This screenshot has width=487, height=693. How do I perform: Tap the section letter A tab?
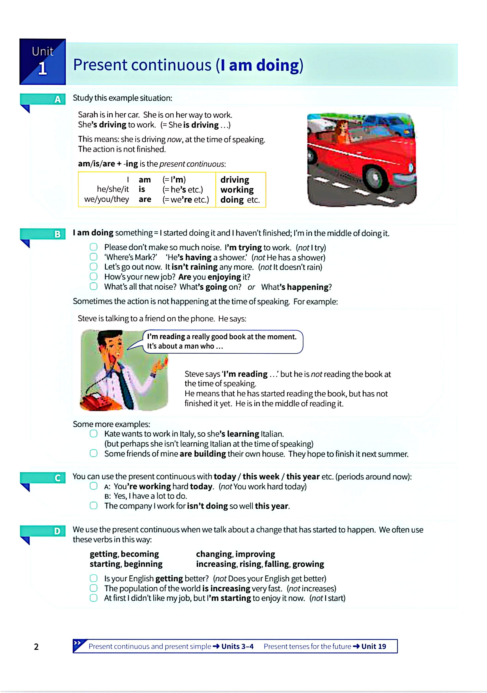pos(57,99)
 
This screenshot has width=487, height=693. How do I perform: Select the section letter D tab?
pos(57,531)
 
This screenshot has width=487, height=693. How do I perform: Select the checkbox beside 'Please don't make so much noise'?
pos(94,247)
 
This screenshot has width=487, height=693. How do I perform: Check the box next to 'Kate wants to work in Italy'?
pos(94,434)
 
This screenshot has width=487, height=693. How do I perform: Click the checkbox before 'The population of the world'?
pos(94,588)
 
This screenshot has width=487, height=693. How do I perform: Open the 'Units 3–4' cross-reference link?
pos(237,646)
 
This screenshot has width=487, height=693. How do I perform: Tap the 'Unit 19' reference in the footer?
pos(374,646)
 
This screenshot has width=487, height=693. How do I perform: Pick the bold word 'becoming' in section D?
pos(140,554)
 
